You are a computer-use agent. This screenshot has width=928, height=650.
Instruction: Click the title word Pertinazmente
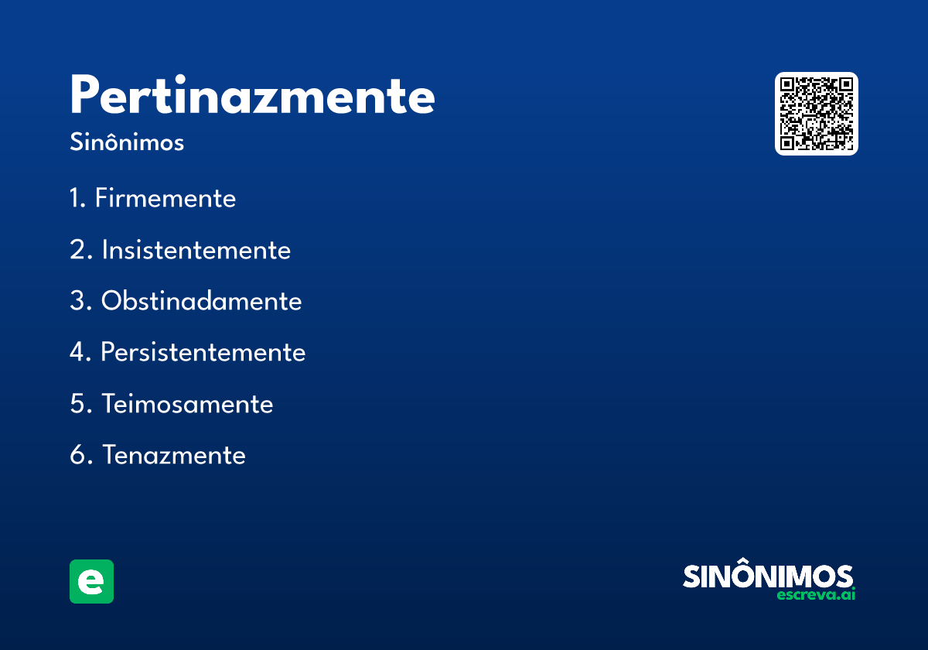[x=252, y=97]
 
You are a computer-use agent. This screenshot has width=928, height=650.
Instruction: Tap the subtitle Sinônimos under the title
[x=127, y=143]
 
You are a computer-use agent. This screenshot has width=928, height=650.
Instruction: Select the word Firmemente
[x=165, y=198]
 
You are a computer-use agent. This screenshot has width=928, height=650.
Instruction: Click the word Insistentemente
[x=196, y=250]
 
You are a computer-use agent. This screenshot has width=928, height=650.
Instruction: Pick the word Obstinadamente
[x=201, y=301]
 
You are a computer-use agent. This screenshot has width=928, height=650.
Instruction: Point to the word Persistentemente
[x=203, y=352]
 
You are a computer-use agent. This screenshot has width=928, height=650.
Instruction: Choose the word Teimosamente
[x=187, y=404]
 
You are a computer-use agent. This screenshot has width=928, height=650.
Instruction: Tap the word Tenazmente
[x=173, y=455]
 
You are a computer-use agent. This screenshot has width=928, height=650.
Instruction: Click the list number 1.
[x=76, y=198]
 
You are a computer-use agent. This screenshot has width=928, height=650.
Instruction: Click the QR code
[x=817, y=114]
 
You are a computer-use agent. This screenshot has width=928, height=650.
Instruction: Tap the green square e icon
[x=91, y=581]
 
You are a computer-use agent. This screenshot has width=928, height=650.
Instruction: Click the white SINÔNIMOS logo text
[x=768, y=576]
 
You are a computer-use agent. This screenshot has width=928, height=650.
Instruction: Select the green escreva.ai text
[x=816, y=595]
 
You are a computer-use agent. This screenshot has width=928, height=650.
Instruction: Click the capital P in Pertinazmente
[x=86, y=96]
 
